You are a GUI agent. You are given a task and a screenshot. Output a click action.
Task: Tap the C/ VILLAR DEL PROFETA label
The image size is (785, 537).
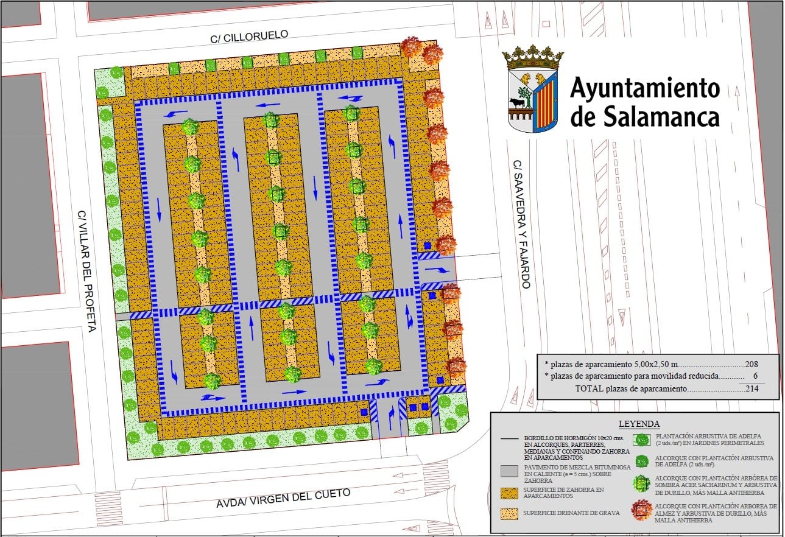click(x=86, y=272)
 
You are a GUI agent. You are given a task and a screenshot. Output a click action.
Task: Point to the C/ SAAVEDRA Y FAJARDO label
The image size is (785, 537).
click(x=521, y=224)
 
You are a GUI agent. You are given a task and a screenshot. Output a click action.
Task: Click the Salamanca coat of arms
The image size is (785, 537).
click(x=533, y=91)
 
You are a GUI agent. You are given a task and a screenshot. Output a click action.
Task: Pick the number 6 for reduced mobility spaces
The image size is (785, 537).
click(x=756, y=376)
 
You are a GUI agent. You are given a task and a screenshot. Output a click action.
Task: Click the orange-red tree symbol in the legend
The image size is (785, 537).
click(x=642, y=510)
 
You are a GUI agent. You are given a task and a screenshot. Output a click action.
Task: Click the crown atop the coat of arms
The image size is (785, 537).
click(x=533, y=58)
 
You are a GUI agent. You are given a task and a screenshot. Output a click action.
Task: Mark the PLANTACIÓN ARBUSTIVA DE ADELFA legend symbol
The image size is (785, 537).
click(x=642, y=440)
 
